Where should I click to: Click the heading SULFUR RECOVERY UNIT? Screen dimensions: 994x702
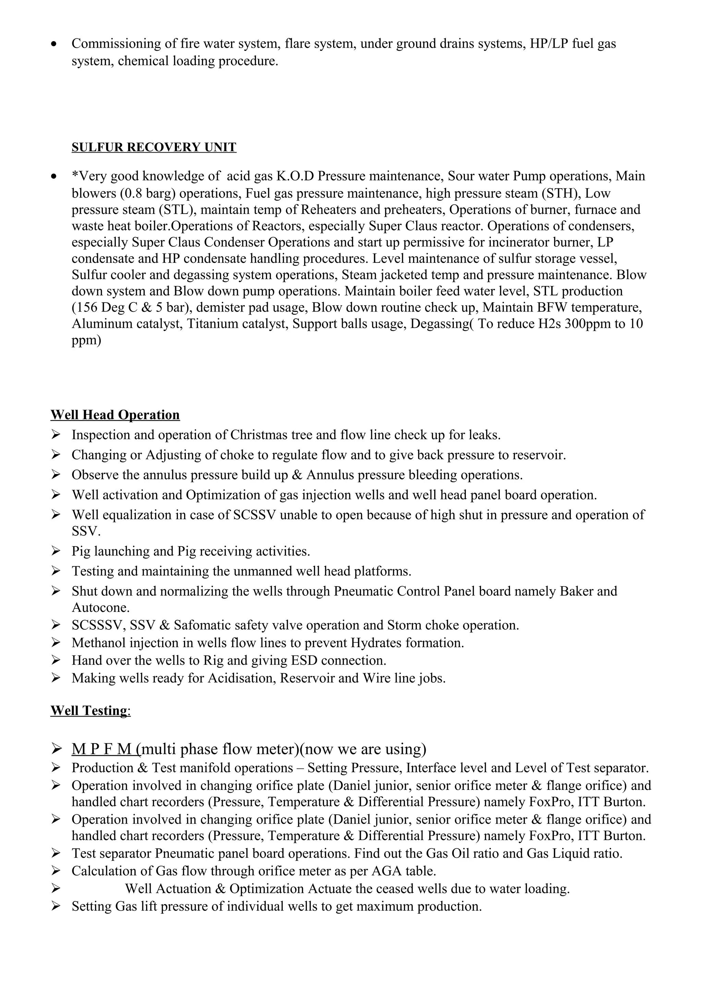pyautogui.click(x=154, y=147)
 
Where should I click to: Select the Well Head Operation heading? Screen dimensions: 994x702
pyautogui.click(x=115, y=415)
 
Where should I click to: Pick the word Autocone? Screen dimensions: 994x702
pyautogui.click(x=100, y=607)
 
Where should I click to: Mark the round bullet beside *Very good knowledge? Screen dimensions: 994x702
pyautogui.click(x=53, y=177)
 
